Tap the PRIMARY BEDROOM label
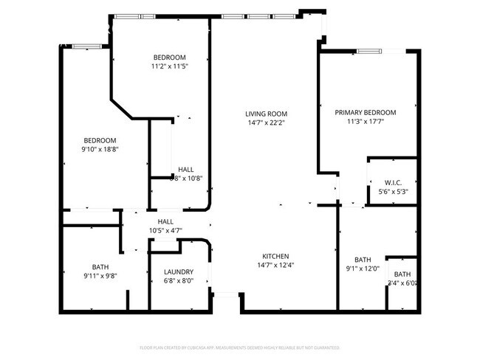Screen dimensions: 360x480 (365, 113)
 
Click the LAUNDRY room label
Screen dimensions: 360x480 (179, 271)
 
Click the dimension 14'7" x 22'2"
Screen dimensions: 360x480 (266, 122)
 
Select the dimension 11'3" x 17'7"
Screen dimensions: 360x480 (365, 122)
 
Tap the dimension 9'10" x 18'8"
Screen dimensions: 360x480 (100, 149)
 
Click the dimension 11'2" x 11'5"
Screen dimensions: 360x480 (169, 66)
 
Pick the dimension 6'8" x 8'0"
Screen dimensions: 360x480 (178, 280)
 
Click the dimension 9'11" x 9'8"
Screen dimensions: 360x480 (100, 276)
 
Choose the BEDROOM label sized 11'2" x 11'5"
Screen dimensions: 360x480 (169, 58)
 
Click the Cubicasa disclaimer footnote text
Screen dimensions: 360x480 (239, 347)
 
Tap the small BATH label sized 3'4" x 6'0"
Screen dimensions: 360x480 (402, 274)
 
